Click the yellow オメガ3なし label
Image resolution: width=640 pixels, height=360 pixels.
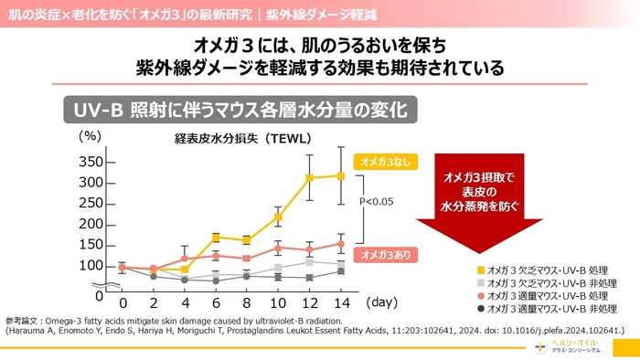tap(379, 161)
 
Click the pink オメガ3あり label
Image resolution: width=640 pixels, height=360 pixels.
tap(379, 253)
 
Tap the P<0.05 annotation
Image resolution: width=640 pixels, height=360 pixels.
tap(376, 201)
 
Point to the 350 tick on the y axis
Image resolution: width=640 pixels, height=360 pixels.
tap(91, 162)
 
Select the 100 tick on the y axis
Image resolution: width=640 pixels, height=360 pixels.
tap(91, 266)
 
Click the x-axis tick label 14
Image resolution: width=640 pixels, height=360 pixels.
tap(340, 302)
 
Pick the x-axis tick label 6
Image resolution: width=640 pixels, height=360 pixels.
tap(215, 302)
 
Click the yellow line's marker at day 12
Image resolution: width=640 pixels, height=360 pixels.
tap(309, 178)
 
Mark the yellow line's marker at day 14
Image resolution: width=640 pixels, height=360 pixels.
tap(340, 175)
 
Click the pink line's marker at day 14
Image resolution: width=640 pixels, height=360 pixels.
tap(340, 244)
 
